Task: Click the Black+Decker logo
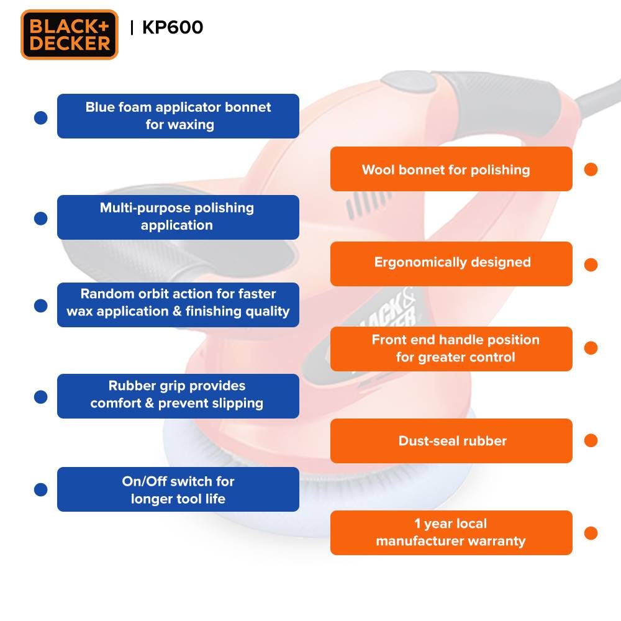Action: click(x=70, y=35)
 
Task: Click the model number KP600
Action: click(x=172, y=27)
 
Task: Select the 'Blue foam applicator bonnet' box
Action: click(x=178, y=116)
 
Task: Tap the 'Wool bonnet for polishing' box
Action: click(x=451, y=169)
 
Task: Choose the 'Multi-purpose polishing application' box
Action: click(x=178, y=217)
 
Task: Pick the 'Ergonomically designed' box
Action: click(x=451, y=264)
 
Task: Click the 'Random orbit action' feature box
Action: click(x=178, y=305)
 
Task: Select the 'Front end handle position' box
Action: click(x=451, y=349)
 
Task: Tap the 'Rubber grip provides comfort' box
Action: click(x=178, y=396)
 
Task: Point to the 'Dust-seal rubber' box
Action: click(x=451, y=441)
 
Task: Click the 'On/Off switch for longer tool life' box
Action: click(x=178, y=489)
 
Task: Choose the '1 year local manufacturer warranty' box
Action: click(x=451, y=533)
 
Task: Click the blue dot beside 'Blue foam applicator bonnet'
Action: click(x=41, y=117)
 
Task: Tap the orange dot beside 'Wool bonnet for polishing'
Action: click(x=591, y=170)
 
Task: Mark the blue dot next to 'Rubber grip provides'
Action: click(x=41, y=397)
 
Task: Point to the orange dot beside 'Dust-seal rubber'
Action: click(x=591, y=440)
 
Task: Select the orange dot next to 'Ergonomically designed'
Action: click(x=591, y=265)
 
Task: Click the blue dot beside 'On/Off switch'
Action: click(x=41, y=489)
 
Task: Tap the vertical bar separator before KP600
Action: click(x=132, y=28)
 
